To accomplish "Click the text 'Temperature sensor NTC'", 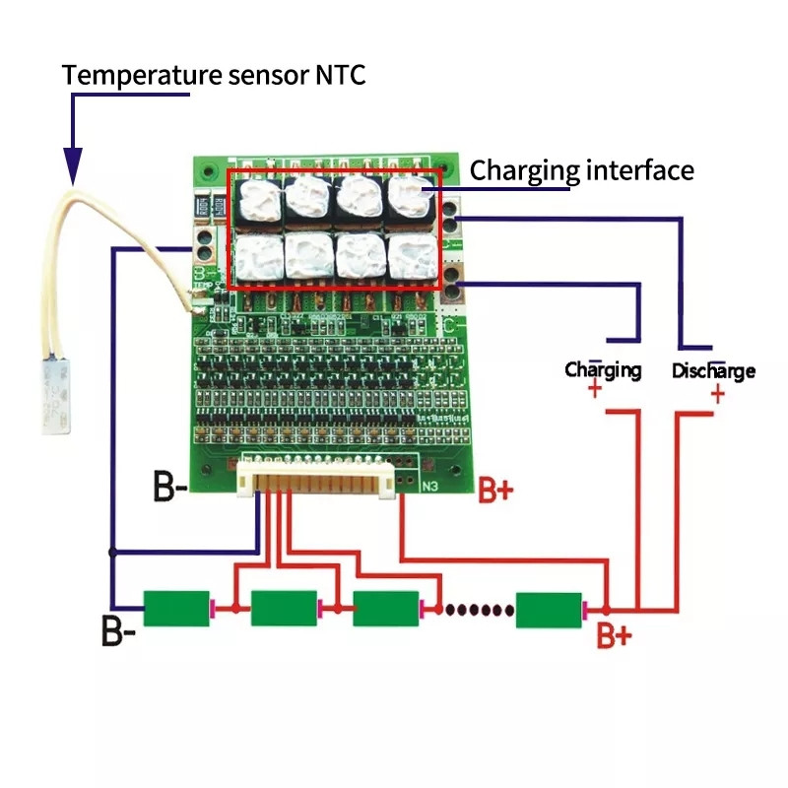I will (x=214, y=75).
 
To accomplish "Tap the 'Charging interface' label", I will (x=581, y=170).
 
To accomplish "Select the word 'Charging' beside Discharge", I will (x=603, y=370).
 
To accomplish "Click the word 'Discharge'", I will (x=713, y=371).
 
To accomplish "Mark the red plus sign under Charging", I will (x=595, y=391).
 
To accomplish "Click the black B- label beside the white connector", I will (x=170, y=487).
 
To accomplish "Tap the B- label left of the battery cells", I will (x=118, y=630).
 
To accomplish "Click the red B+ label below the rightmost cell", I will (x=614, y=636).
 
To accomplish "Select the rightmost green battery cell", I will (x=549, y=609).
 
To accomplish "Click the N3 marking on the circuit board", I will (x=430, y=486).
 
